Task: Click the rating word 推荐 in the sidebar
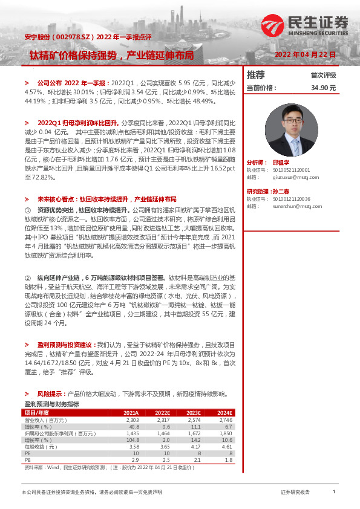point(256,75)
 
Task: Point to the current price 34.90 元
point(323,88)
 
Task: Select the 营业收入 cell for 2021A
point(132,420)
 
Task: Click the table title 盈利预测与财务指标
point(51,403)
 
